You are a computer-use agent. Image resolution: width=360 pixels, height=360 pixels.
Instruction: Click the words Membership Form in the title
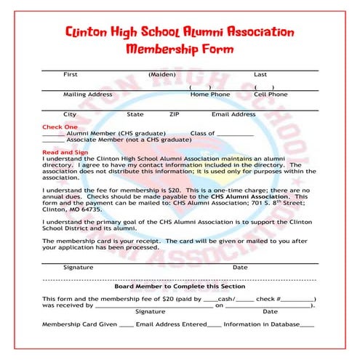pos(180,49)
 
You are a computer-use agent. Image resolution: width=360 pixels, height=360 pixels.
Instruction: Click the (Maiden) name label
pos(161,74)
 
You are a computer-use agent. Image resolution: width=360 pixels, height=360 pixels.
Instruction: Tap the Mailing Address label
pos(87,95)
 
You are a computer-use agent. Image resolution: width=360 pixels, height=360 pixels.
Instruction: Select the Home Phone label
pos(209,95)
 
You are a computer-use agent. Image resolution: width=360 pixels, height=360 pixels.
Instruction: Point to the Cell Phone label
pos(270,95)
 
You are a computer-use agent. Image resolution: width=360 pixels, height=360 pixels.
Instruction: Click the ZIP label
pos(174,114)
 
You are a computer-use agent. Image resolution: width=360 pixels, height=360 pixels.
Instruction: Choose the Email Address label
pos(233,114)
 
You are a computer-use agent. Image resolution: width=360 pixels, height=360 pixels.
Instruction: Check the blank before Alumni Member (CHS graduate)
pos(53,135)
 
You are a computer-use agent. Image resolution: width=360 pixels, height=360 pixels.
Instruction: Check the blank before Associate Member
pos(53,141)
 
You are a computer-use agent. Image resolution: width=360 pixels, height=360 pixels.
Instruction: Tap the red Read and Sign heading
pos(65,153)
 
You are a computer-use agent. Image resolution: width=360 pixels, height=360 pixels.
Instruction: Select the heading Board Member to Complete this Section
pos(180,287)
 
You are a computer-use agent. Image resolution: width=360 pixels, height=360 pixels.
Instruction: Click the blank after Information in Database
pos(307,324)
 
